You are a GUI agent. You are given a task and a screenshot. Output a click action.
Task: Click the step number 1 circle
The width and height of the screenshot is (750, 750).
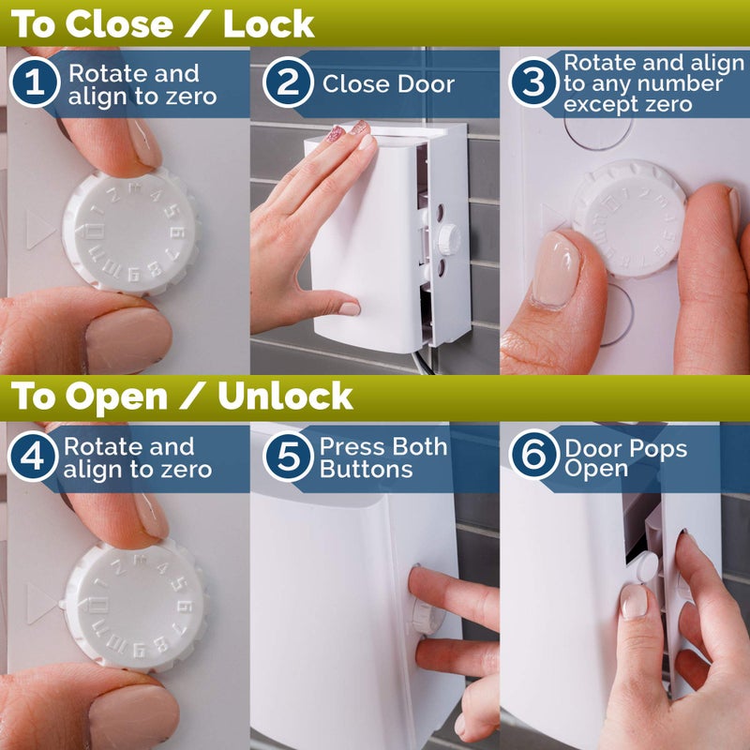click(35, 83)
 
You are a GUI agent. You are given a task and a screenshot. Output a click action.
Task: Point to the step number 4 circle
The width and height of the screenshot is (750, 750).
click(35, 457)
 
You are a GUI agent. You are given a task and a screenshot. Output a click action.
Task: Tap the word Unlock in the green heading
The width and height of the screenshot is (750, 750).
click(285, 397)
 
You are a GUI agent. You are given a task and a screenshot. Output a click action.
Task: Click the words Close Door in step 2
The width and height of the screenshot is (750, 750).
click(388, 83)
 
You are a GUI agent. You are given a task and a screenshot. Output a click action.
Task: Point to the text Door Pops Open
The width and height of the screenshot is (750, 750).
click(625, 457)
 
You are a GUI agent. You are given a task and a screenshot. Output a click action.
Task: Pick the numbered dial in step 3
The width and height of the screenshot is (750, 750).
click(631, 217)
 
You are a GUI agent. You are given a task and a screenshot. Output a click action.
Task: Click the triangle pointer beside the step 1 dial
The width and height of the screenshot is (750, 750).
click(40, 231)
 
